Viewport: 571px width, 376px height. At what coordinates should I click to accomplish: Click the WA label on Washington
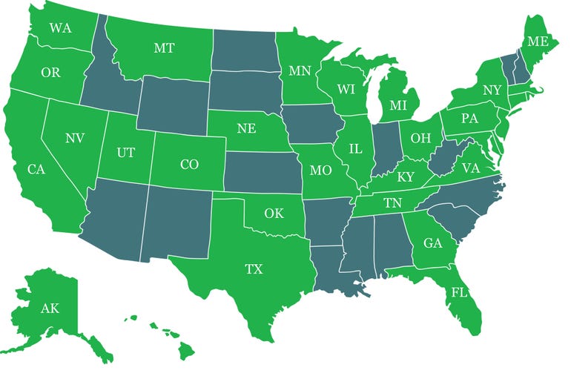(60, 29)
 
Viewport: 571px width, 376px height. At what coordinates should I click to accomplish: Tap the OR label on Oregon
(51, 73)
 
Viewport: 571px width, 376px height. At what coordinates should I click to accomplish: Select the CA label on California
(37, 170)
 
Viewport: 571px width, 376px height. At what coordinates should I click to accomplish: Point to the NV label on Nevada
(74, 138)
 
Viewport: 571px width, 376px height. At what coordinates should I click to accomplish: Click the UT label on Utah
(126, 153)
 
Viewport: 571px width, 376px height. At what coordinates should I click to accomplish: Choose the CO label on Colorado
(189, 165)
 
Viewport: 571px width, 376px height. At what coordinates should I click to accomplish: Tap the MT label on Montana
(164, 48)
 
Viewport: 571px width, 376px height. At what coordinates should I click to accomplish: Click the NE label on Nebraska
(246, 128)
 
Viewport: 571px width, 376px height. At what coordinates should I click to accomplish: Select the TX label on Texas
(254, 269)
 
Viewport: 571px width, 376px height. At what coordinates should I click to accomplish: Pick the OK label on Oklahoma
(274, 214)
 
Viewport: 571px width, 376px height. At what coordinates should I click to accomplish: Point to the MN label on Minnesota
(300, 72)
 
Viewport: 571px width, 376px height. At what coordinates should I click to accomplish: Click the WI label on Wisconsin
(346, 89)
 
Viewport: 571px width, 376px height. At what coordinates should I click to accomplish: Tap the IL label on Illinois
(356, 149)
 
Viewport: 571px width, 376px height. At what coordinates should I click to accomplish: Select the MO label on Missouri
(320, 171)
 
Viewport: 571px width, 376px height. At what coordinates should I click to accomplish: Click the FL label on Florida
(460, 293)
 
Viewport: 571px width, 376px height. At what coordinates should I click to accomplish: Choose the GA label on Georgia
(432, 243)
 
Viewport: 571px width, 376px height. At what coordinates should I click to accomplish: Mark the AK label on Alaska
(50, 309)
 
